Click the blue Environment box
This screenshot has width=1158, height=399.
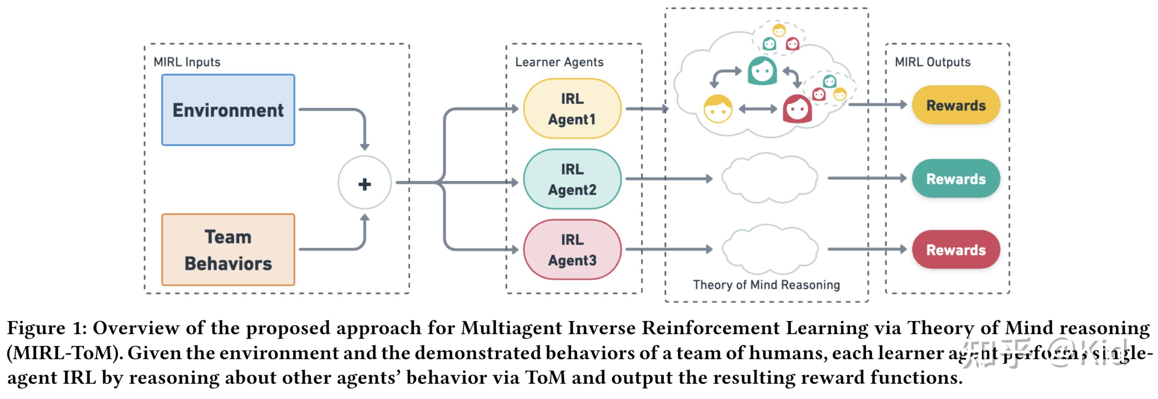click(x=228, y=110)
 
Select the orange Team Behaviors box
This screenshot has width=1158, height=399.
click(x=228, y=250)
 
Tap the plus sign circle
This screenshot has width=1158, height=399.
click(x=364, y=183)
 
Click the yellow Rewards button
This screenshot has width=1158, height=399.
click(x=956, y=105)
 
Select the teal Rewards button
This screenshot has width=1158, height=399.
click(x=956, y=179)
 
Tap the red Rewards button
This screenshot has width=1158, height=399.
click(x=956, y=250)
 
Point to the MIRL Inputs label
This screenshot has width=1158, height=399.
click(x=186, y=62)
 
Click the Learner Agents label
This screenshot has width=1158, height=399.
click(x=559, y=62)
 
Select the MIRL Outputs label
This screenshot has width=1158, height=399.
click(x=932, y=62)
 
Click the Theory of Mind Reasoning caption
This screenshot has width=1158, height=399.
click(x=766, y=285)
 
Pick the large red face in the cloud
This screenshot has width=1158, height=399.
click(x=797, y=109)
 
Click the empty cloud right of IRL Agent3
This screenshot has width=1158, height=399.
click(x=770, y=250)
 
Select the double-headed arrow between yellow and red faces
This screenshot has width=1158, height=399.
click(x=757, y=109)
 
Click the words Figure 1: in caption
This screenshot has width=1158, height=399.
click(x=47, y=328)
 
